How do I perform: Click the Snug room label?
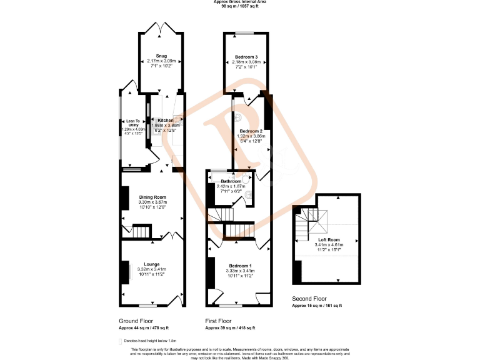click(x=161, y=56)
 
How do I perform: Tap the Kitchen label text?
click(x=166, y=120)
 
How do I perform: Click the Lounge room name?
click(x=152, y=264)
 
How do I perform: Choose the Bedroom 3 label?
click(x=246, y=57)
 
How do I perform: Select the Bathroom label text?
click(x=231, y=181)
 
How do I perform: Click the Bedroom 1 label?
click(x=239, y=265)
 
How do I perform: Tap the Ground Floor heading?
click(x=137, y=321)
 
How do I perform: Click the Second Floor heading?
click(x=309, y=299)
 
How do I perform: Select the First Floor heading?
click(x=222, y=321)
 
